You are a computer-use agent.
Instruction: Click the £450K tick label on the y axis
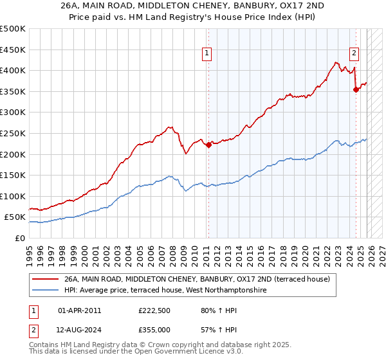pos(13,50)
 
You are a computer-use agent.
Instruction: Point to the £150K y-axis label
pos(13,175)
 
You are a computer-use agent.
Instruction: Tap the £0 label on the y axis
pos(19,238)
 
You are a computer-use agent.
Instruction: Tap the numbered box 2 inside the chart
pos(354,54)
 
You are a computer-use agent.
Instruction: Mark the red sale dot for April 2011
pos(208,145)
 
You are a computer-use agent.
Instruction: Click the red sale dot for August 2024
pos(356,90)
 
